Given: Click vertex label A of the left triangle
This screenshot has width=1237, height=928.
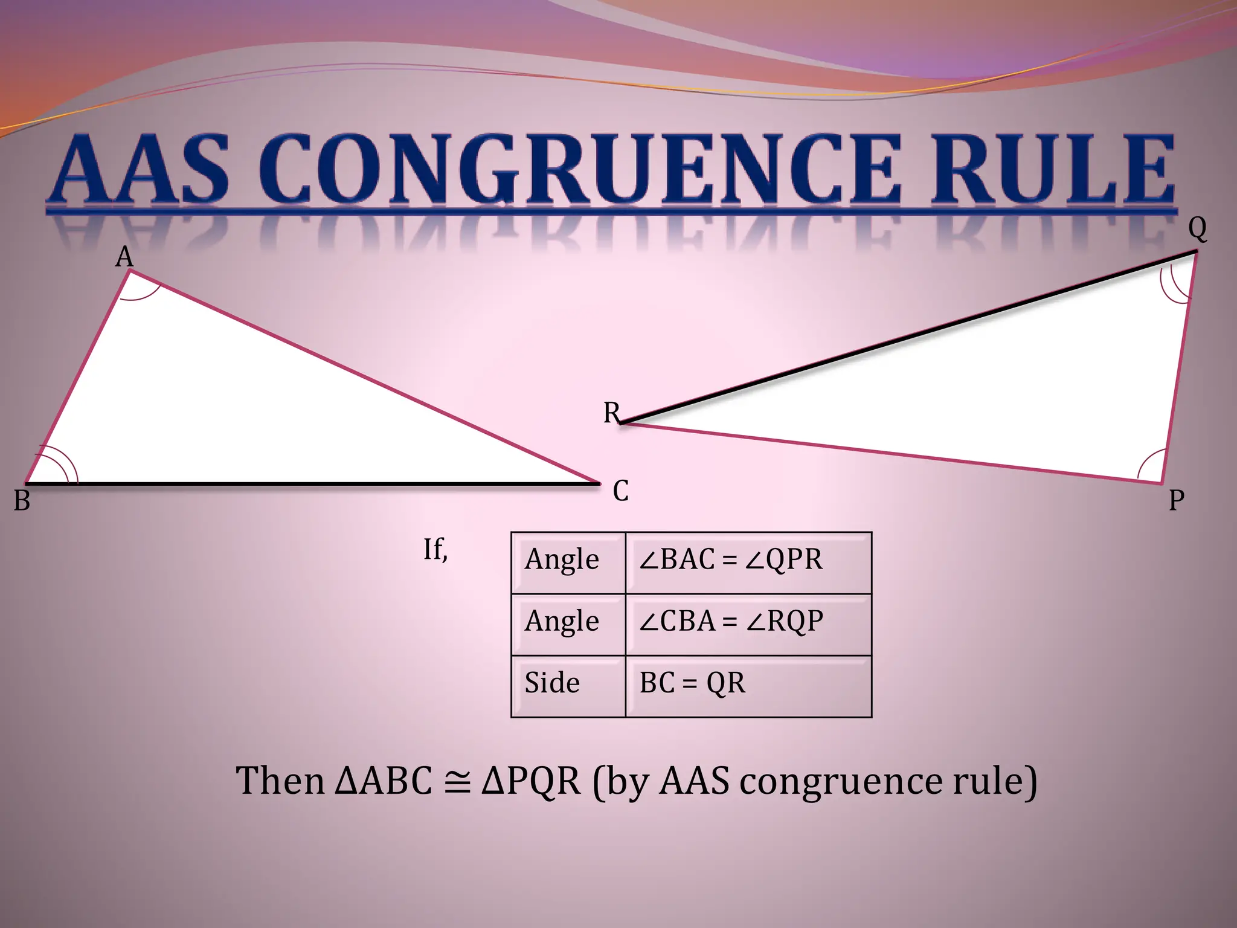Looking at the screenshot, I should pos(124,257).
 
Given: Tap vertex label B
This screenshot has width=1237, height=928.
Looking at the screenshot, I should pos(22,500).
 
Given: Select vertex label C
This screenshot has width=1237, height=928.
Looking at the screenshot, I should pos(621,491).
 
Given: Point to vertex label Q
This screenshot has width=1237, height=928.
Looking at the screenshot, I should pos(1197,228).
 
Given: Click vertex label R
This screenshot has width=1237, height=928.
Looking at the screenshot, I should pos(611,413).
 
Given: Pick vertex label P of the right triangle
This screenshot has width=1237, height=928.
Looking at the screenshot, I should pos(1176,500).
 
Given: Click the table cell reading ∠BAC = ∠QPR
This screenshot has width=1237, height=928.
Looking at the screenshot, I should pos(730,559).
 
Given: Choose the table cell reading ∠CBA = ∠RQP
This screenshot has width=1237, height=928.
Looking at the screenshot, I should pos(731,621).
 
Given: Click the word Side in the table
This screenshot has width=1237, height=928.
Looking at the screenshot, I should pos(552,683).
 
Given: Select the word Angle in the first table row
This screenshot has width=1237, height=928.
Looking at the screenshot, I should pos(562,559).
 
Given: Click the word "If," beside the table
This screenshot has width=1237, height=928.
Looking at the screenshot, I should pos(435,549).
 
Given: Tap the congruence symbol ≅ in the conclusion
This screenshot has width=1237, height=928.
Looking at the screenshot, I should pos(457,781).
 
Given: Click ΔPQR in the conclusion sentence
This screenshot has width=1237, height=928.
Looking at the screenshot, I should pos(532,781).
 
